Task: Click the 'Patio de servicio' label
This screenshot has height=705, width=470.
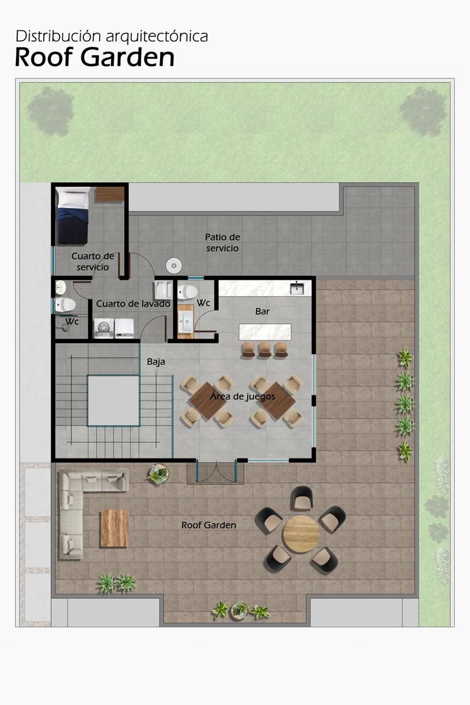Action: point(222,242)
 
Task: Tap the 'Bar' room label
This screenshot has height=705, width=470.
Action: point(262,311)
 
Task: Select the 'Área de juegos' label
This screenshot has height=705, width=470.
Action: point(242,396)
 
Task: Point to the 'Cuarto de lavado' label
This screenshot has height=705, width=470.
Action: point(133,303)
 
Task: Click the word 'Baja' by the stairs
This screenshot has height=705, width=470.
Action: point(156,362)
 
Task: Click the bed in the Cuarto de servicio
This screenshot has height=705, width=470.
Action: point(73,215)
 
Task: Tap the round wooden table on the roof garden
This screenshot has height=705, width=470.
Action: point(301,534)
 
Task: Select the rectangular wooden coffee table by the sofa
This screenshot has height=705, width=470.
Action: point(115,528)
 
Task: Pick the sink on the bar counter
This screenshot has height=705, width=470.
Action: point(297,288)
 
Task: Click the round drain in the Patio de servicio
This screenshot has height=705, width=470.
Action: point(174,265)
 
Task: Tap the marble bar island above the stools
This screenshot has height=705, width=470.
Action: point(265,332)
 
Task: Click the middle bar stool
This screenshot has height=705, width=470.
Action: point(265,350)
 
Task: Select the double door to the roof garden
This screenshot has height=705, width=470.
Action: point(216,471)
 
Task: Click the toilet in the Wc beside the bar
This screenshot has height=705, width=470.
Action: point(188,292)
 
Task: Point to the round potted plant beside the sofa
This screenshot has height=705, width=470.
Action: point(158,473)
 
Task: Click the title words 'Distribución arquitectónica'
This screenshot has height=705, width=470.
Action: point(111,36)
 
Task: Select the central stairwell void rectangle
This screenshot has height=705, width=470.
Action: point(114,400)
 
